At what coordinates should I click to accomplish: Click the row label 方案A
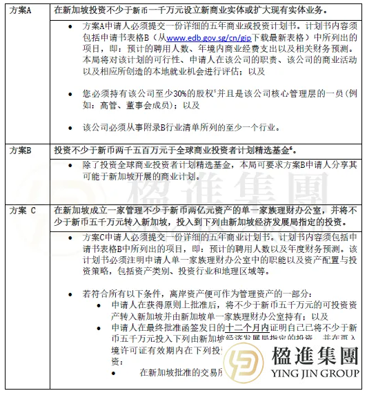pos(20,9)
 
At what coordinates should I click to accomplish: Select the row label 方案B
pos(20,150)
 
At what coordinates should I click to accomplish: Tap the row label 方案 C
pos(23,211)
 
